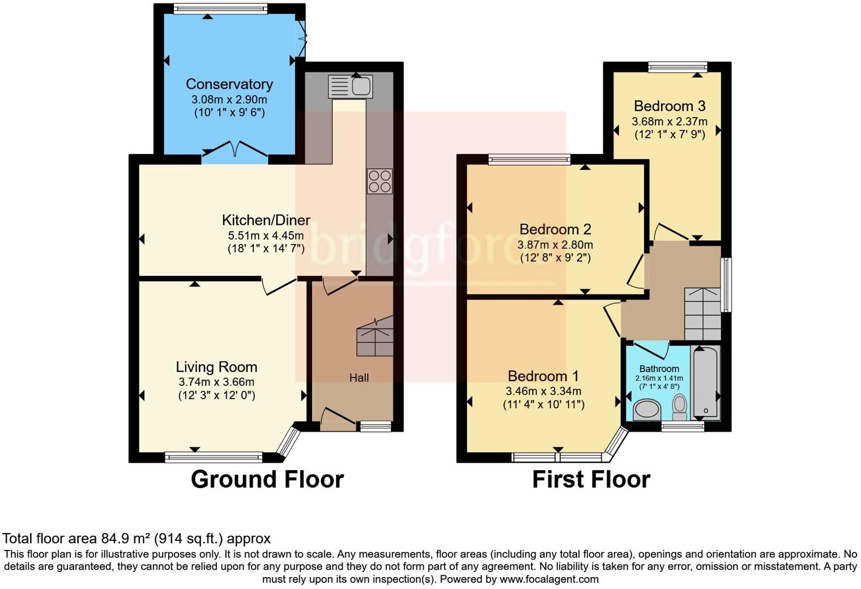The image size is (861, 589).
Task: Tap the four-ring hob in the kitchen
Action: coord(380,181)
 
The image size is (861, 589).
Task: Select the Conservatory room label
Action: coord(229,84)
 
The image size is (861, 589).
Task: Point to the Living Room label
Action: coord(216,367)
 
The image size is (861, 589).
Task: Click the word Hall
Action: coord(359,378)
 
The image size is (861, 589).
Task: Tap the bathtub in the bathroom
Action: coord(705,382)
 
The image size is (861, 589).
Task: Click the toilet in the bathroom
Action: coord(680,406)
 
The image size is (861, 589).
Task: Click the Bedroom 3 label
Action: coord(670,106)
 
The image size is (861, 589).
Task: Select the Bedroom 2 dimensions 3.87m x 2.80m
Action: coord(555,245)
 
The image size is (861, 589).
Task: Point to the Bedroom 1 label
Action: coord(543,376)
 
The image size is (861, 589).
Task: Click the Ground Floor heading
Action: coord(267,480)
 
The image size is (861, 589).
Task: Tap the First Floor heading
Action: coord(591,480)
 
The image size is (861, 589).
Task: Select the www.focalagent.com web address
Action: coord(548,579)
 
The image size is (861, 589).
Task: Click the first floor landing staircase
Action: coord(702,314)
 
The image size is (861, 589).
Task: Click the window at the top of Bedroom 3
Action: coord(677,67)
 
